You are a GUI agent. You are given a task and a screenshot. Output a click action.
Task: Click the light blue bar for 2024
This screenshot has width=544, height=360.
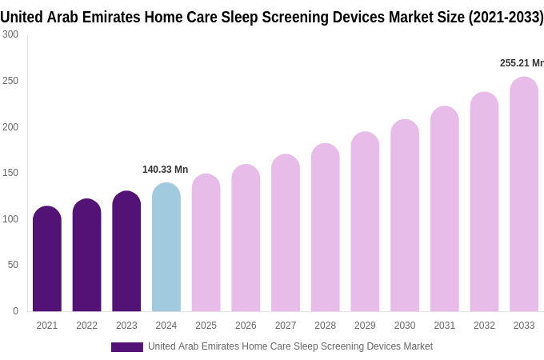[166, 248]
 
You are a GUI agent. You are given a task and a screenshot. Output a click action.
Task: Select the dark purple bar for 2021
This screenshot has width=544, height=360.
[47, 260]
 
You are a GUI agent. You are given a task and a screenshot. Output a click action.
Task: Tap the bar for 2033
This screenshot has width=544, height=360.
[524, 196]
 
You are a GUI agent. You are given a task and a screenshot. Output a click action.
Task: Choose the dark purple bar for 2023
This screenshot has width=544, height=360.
[126, 252]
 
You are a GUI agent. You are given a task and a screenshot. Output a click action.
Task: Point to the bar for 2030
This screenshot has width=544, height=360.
[405, 216]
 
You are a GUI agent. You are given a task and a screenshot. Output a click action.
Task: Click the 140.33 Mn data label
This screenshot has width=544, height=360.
[165, 170]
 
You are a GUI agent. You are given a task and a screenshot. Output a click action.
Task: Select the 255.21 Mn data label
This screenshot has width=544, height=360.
[521, 63]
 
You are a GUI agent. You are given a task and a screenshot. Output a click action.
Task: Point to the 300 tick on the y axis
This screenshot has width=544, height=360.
[10, 34]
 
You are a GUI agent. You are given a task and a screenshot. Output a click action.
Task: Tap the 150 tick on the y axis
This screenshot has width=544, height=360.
[10, 173]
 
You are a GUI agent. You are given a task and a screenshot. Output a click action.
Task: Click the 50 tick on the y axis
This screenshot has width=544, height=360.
[13, 265]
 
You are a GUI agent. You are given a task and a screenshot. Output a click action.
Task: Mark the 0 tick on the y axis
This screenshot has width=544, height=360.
[15, 311]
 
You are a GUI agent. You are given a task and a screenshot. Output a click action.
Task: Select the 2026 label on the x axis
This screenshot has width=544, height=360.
[246, 326]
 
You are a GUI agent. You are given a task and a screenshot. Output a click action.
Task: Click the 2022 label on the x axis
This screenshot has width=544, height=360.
[86, 326]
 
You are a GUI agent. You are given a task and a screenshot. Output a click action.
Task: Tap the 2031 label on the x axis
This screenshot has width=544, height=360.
[445, 326]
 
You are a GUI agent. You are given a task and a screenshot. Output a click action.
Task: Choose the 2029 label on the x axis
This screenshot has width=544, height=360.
[365, 326]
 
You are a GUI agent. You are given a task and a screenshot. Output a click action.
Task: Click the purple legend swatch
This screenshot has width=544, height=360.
[127, 347]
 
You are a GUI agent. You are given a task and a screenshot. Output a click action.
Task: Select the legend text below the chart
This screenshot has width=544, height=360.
[290, 346]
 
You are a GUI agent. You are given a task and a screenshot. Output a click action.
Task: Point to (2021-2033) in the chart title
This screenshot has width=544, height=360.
[506, 17]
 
